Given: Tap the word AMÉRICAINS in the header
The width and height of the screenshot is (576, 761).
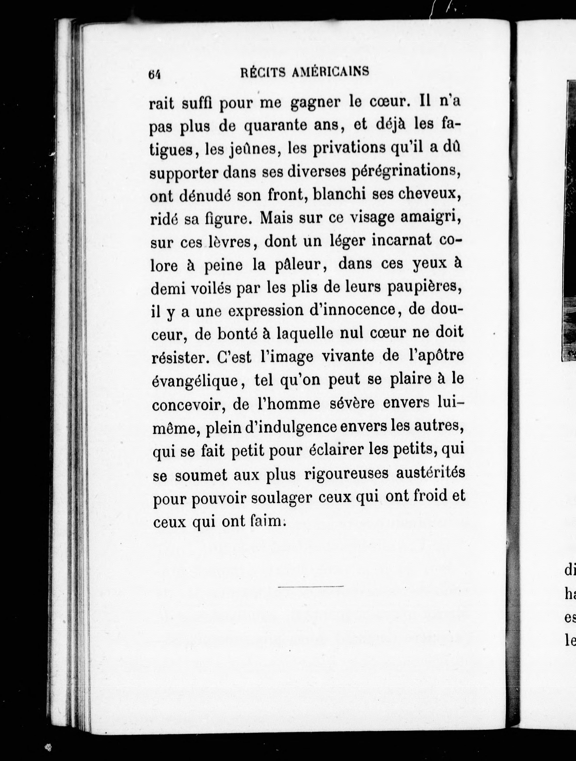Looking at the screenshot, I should (x=330, y=72).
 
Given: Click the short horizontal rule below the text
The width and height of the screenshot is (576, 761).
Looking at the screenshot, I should (x=311, y=586).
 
